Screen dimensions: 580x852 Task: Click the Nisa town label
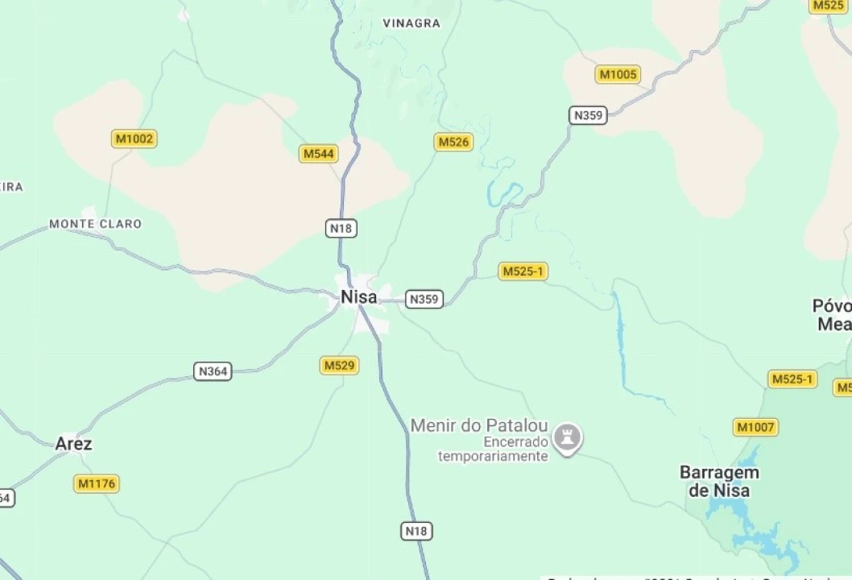[x=358, y=296]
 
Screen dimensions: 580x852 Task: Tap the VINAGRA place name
[x=412, y=23]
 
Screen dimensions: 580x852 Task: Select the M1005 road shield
[x=618, y=75]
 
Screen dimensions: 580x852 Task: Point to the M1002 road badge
[x=134, y=139]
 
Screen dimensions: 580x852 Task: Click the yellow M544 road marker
[x=318, y=154]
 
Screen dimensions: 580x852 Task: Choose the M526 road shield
[x=453, y=143]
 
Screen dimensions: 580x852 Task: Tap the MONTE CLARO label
[x=95, y=224]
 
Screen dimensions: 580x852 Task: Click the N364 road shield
[x=213, y=371]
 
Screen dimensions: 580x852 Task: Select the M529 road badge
[x=339, y=366]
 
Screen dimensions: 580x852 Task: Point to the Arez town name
[x=73, y=444]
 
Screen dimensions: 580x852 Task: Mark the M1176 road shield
[x=96, y=484]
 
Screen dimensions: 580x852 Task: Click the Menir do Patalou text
[x=479, y=425]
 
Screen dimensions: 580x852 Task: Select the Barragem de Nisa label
[x=719, y=481]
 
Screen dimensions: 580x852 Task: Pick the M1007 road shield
[x=755, y=427]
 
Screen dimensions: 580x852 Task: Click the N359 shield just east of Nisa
[x=424, y=300]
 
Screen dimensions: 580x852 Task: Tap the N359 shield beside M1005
[x=588, y=115]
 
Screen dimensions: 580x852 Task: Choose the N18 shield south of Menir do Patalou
[x=416, y=531]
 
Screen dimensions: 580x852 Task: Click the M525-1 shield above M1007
[x=792, y=379]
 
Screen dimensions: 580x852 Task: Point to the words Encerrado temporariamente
[x=493, y=449]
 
